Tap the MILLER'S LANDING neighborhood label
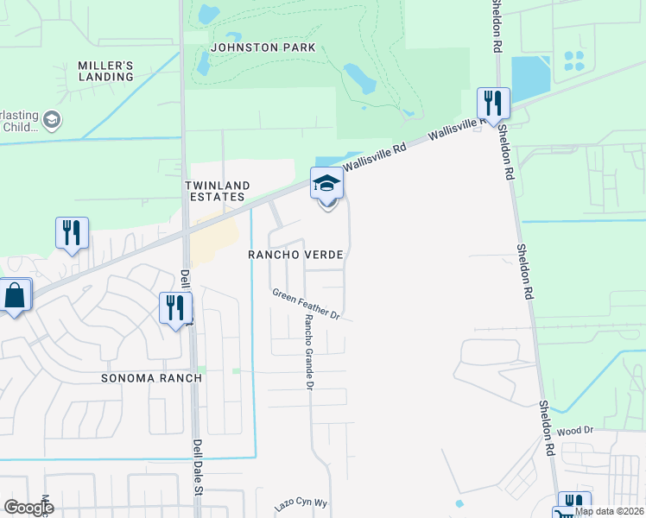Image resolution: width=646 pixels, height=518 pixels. [106, 71]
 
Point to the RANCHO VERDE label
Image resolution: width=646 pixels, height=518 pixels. [296, 256]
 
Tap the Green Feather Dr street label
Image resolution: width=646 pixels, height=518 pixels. [307, 305]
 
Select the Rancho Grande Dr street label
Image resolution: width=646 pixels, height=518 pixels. [307, 351]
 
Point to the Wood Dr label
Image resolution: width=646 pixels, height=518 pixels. [576, 430]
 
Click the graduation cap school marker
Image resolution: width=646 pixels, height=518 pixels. [327, 184]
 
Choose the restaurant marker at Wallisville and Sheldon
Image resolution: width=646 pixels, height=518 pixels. [493, 103]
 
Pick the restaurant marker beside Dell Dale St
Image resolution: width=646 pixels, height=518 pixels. [175, 307]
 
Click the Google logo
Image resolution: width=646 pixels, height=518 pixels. [28, 508]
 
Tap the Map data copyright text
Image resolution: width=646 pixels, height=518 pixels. [610, 511]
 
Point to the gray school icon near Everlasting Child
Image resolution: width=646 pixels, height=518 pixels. [52, 119]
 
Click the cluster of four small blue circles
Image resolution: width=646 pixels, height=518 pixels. [573, 60]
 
